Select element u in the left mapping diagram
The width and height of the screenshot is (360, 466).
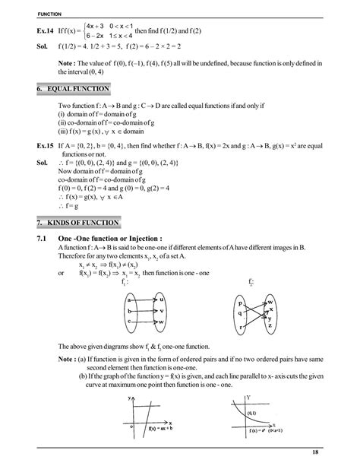click(x=162, y=299)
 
